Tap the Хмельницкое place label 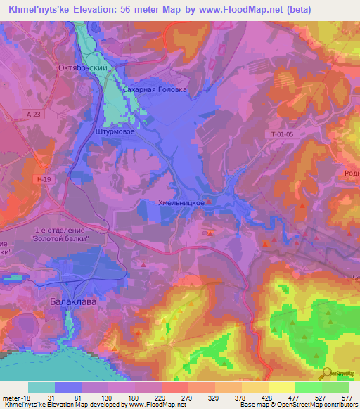[x=182, y=202]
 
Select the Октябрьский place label [x=82, y=68]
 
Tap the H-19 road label [x=44, y=179]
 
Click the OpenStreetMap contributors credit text [x=316, y=405]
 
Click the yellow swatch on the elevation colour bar [x=281, y=387]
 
